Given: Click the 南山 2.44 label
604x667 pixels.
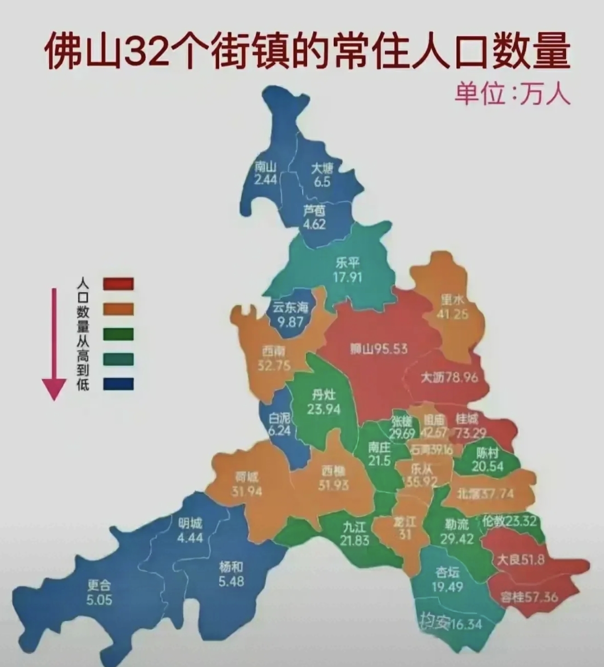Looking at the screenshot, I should pyautogui.click(x=266, y=173).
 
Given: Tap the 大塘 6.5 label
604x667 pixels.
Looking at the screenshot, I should pyautogui.click(x=322, y=175).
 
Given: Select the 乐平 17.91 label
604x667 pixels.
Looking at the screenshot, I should pyautogui.click(x=348, y=269).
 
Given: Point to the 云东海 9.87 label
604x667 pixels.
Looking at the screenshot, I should pyautogui.click(x=290, y=315).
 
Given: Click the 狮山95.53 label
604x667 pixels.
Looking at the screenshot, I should pyautogui.click(x=378, y=349).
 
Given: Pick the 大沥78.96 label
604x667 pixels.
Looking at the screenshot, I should pyautogui.click(x=449, y=378).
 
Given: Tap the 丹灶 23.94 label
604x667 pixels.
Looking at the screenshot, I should pyautogui.click(x=324, y=402).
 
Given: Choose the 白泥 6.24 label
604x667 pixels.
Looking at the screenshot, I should pyautogui.click(x=279, y=424).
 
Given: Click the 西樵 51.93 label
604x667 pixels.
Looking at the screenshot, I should pyautogui.click(x=333, y=478).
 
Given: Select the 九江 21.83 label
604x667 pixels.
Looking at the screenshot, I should pyautogui.click(x=354, y=533).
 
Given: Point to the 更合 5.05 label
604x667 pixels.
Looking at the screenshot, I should pyautogui.click(x=99, y=592).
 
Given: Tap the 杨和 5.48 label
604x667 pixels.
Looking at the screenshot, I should pyautogui.click(x=231, y=574).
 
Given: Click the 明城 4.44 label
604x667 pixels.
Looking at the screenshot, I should pyautogui.click(x=190, y=530).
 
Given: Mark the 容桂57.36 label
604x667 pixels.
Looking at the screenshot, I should pyautogui.click(x=529, y=597).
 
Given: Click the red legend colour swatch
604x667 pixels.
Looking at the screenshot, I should pyautogui.click(x=118, y=284).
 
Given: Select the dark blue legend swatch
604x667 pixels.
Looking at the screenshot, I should pyautogui.click(x=118, y=384).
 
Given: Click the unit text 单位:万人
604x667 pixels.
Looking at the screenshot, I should pyautogui.click(x=512, y=94).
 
